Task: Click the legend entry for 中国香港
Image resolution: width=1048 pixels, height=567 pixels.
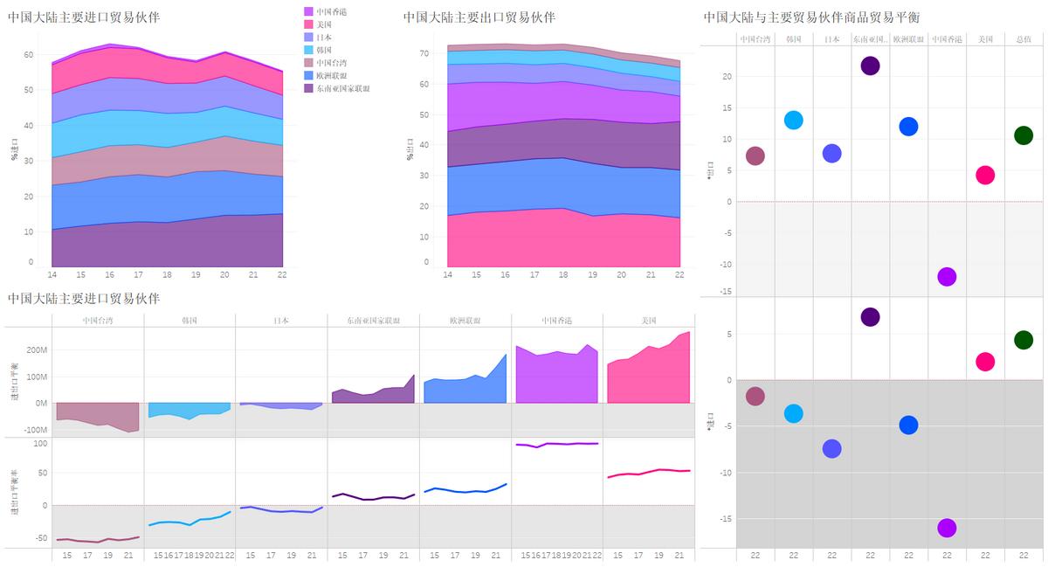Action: pos(330,11)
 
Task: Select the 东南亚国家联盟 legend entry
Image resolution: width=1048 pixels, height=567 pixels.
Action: pos(342,89)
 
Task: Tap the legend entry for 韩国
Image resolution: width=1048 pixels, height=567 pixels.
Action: pos(324,51)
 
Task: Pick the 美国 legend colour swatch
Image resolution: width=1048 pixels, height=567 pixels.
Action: pos(309,24)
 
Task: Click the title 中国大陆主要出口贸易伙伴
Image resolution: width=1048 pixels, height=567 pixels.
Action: pos(479,17)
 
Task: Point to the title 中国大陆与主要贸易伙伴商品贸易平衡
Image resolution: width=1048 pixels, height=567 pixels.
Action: pos(811,17)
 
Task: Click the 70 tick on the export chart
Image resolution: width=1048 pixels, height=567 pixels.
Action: pos(424,53)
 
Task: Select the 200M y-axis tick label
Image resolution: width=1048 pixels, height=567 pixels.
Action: pos(37,350)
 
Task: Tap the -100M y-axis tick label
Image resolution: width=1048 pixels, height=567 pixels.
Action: pos(35,430)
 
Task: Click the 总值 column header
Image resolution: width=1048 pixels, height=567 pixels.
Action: pos(1024,39)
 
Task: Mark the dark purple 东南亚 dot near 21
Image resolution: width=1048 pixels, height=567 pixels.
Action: pos(870,66)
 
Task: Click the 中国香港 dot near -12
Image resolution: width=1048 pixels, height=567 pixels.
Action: pos(947,277)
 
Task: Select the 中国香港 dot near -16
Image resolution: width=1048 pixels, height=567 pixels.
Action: pos(947,528)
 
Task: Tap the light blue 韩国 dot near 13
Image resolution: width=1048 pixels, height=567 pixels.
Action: pos(793,121)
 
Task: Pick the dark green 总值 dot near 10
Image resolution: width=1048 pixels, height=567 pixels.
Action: pos(1024,135)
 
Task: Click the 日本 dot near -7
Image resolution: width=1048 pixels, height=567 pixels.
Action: pos(831,449)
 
